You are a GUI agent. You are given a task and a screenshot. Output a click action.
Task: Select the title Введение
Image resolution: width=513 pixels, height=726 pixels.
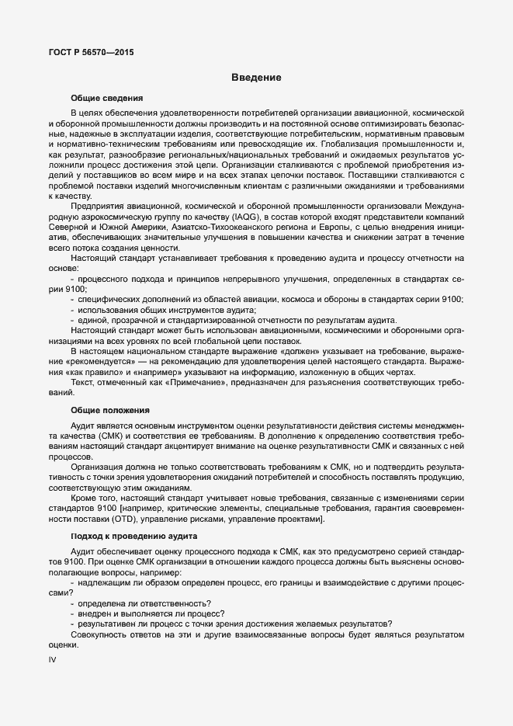pos(255,78)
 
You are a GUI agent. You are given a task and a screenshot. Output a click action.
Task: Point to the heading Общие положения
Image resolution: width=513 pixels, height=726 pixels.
pos(109,409)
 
